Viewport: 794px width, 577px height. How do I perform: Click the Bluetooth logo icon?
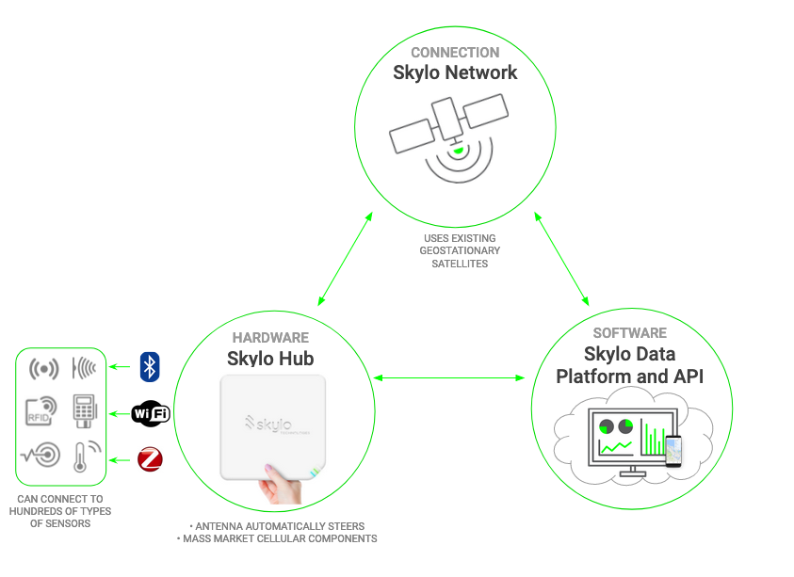coord(150,367)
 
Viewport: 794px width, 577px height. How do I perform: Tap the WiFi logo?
coord(151,413)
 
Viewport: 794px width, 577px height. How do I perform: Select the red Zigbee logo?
coord(150,459)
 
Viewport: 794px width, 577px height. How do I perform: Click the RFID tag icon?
coord(41,411)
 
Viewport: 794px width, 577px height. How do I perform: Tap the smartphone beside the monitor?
coord(672,450)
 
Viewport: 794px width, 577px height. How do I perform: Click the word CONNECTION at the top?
coord(455,52)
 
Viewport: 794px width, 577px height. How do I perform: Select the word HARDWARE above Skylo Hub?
coord(270,337)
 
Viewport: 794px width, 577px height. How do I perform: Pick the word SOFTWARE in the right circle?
coord(630,333)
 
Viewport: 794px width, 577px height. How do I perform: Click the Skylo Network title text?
coord(455,72)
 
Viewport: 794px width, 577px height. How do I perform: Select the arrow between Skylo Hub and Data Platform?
coord(448,378)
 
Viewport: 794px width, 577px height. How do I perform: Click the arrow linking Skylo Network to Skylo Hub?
coord(343,258)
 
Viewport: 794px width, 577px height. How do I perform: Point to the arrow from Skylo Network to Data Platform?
coord(561,258)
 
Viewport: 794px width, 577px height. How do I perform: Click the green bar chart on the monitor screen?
coord(651,438)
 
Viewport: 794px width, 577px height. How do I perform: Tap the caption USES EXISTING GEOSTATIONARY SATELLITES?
coord(459,250)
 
